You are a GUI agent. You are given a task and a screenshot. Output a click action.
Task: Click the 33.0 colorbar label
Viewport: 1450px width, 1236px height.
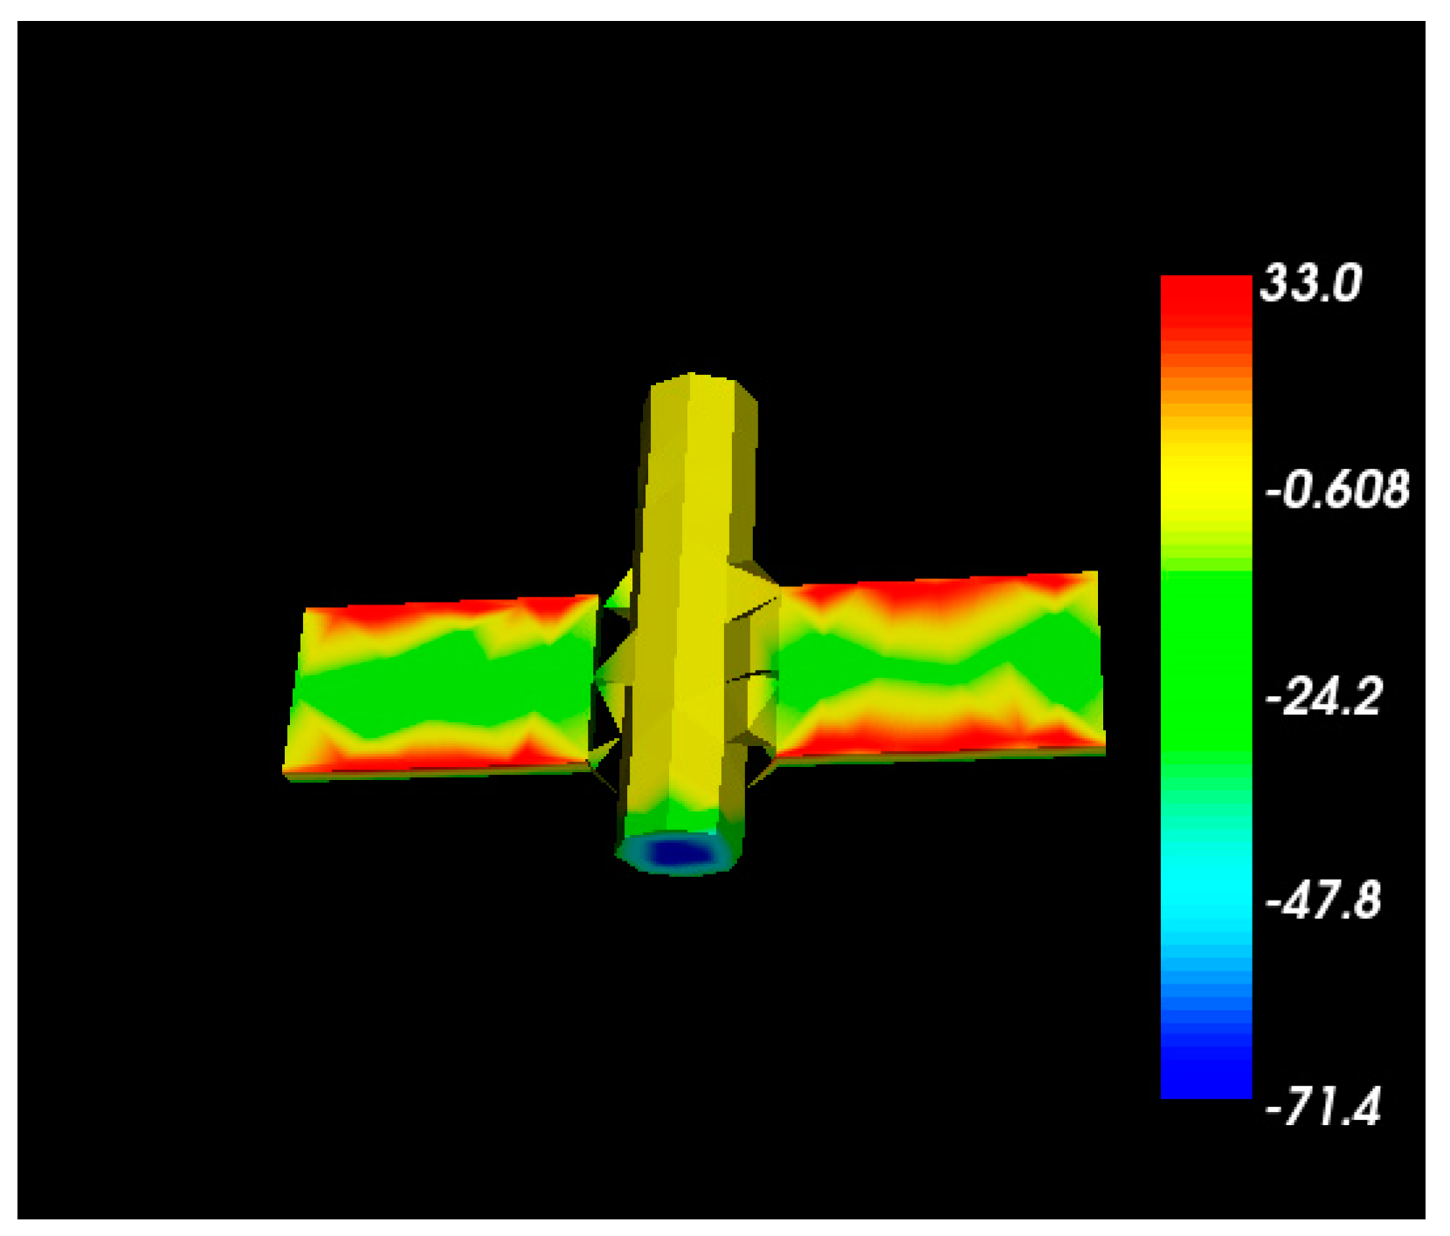(1309, 284)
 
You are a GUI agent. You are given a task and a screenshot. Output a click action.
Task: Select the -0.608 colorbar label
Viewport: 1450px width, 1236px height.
(1336, 489)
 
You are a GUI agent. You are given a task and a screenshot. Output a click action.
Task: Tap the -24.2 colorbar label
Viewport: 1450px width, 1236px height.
(1323, 696)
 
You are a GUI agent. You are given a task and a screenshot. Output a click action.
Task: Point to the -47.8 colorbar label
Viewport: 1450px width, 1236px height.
(1323, 900)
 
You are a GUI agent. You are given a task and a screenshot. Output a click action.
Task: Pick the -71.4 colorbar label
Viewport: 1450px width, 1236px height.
(1323, 1107)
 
